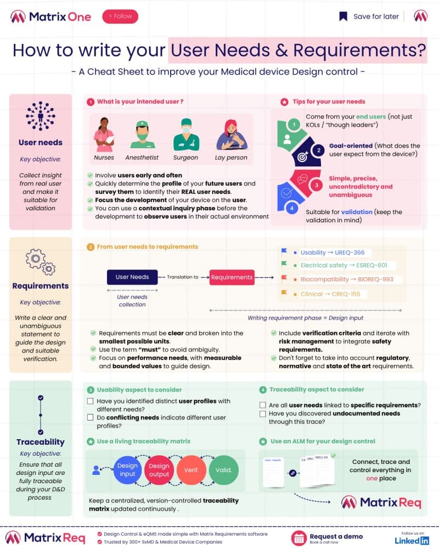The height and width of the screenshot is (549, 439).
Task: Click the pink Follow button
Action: (x=120, y=16)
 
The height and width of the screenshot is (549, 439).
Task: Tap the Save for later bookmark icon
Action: (x=343, y=16)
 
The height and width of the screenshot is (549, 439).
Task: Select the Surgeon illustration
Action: (x=185, y=135)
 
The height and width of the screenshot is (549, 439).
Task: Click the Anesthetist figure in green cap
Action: (x=142, y=135)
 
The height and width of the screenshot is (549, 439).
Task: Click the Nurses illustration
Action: (x=104, y=135)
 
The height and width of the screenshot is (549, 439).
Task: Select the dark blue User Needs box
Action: (x=132, y=277)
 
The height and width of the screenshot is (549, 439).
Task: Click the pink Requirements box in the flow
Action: (x=232, y=278)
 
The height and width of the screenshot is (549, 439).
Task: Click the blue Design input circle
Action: (x=127, y=470)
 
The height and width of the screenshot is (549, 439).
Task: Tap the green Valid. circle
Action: (x=223, y=470)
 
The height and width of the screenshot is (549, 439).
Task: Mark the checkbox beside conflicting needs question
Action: (x=90, y=418)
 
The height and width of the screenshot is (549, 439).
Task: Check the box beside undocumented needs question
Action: (x=262, y=413)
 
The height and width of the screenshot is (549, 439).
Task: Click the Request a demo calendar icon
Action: (x=299, y=538)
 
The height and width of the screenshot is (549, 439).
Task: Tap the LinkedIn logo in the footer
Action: (x=412, y=541)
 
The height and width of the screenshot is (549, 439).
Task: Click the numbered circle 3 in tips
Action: (x=316, y=186)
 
